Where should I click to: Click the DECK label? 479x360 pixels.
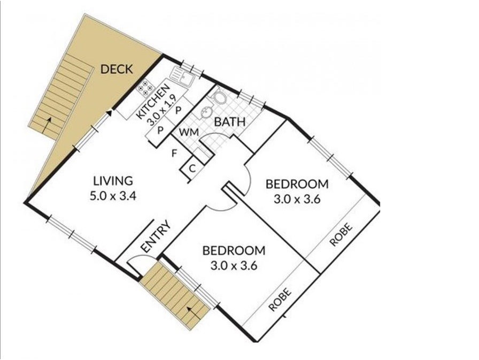[x=117, y=69]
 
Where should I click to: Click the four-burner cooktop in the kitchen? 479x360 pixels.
[x=145, y=88]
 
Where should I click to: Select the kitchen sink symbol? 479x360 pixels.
[x=182, y=76]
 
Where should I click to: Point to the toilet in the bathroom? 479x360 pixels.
[x=219, y=96]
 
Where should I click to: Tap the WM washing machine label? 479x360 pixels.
[x=189, y=132]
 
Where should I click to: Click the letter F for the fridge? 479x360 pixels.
[x=174, y=153]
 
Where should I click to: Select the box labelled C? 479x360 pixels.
[x=192, y=168]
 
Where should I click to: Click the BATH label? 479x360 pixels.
[x=230, y=122]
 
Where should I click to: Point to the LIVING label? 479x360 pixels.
[x=113, y=181]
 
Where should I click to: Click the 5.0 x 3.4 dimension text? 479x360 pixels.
[x=113, y=196]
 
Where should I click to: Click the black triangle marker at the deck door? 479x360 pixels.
[x=109, y=113]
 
